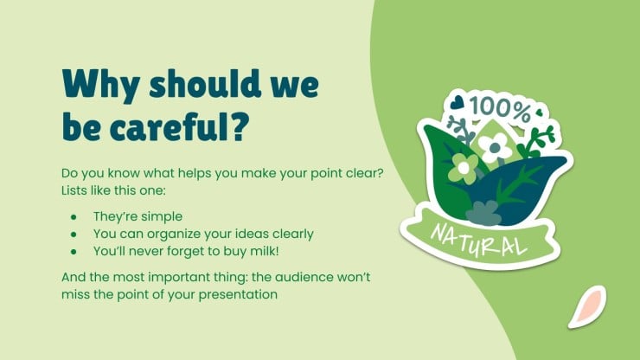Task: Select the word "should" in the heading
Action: point(205,83)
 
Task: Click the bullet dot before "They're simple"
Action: point(74,217)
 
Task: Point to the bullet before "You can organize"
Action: point(74,235)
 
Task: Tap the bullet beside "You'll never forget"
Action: point(74,252)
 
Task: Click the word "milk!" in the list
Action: point(265,251)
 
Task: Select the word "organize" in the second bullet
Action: point(173,235)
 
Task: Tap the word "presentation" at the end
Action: point(238,295)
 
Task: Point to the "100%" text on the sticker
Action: point(500,108)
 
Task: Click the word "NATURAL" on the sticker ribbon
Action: point(478,241)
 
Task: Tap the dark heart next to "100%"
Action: point(458,103)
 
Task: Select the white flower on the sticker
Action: point(495,147)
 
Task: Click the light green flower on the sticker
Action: point(464,168)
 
